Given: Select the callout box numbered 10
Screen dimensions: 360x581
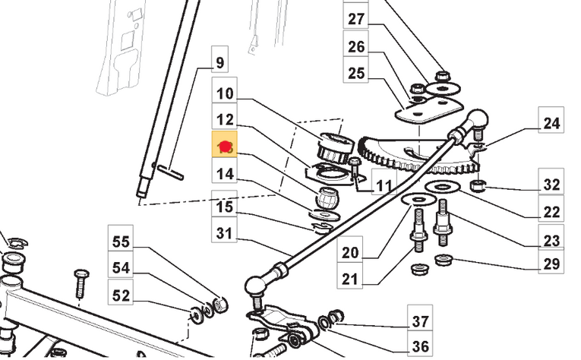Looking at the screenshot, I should [225, 96].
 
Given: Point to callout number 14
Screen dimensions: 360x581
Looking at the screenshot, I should [225, 175].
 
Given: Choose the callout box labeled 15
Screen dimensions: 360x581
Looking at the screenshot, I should [225, 207].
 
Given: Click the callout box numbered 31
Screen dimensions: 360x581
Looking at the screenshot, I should [225, 233].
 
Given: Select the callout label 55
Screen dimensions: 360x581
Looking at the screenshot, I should [122, 244].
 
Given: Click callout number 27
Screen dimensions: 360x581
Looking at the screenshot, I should [356, 20].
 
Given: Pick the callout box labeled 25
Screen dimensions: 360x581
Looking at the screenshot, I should [356, 74].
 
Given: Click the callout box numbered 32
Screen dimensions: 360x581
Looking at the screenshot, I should [551, 185].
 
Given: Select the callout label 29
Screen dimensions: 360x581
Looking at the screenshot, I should [551, 264].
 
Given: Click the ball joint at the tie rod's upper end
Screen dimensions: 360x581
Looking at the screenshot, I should [477, 119].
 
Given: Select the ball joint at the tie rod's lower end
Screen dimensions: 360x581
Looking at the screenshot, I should [255, 286].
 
